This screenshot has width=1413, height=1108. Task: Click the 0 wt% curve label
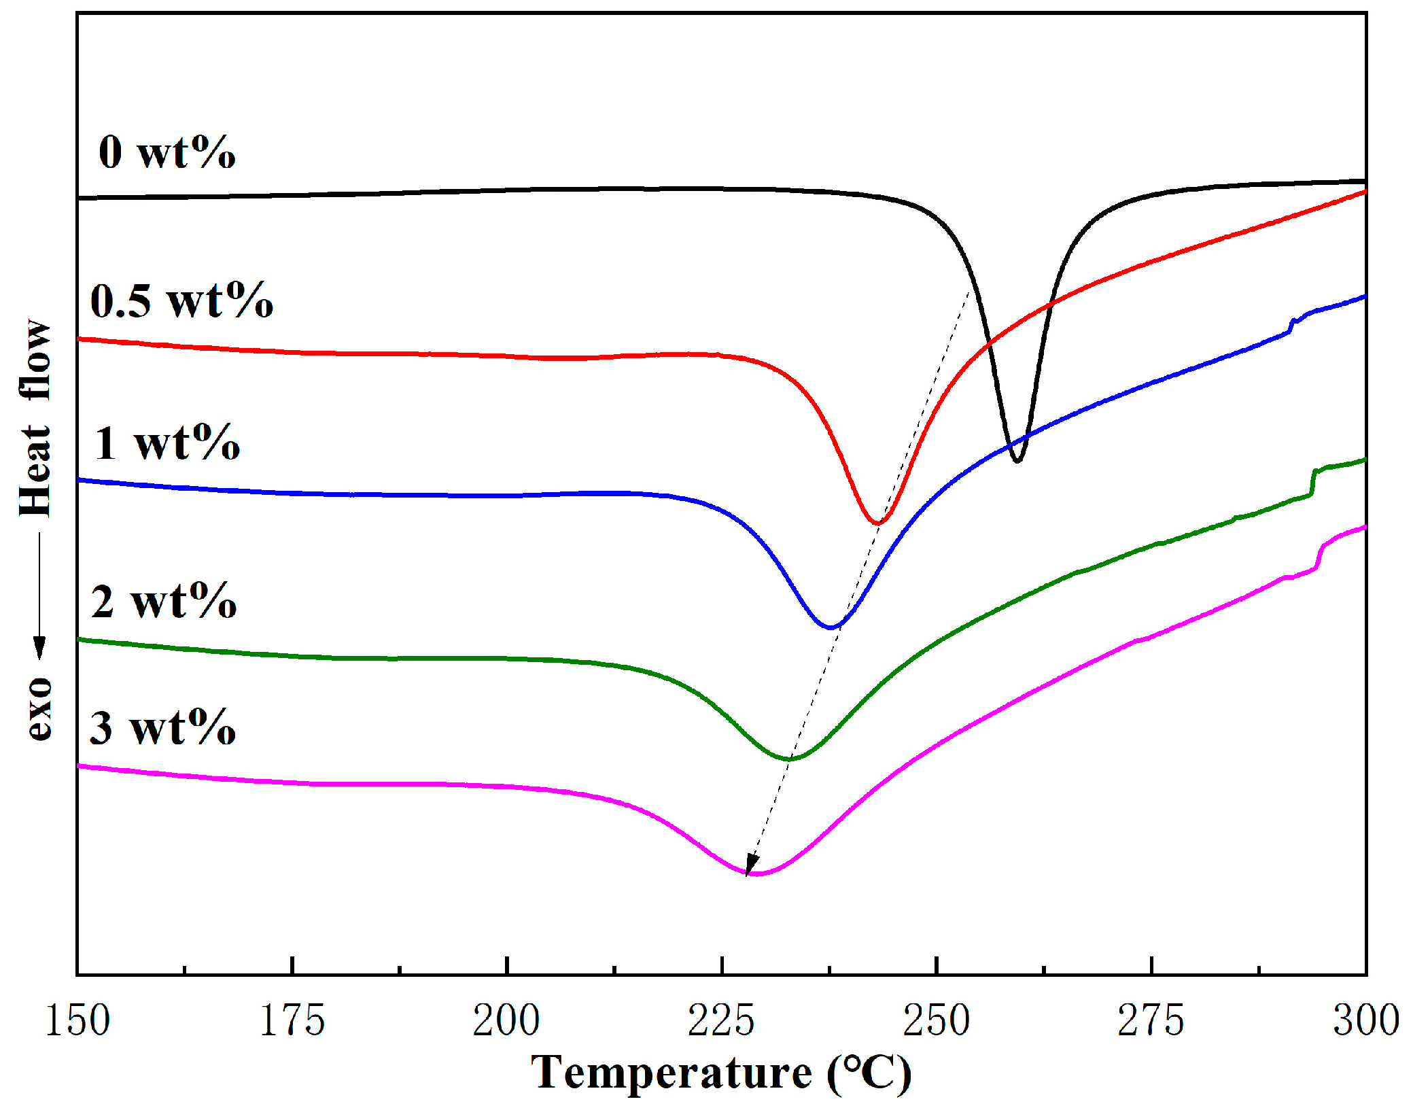point(167,152)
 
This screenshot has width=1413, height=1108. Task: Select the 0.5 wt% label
point(181,301)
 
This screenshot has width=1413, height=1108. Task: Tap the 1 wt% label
point(167,443)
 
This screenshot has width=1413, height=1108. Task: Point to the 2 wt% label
point(164,602)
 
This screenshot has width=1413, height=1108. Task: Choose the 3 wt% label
point(162,728)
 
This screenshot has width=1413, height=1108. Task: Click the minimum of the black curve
point(1017,461)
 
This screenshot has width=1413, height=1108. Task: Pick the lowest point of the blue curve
point(831,627)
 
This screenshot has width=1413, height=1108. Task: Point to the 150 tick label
point(77,1021)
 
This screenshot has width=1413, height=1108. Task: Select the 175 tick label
point(292,1021)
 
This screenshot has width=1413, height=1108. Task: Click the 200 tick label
point(506,1021)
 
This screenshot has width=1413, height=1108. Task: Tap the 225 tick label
point(721,1021)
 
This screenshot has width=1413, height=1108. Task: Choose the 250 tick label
point(936,1021)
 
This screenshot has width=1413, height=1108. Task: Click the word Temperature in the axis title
point(671,1073)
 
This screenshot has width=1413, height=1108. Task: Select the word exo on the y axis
point(39,708)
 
